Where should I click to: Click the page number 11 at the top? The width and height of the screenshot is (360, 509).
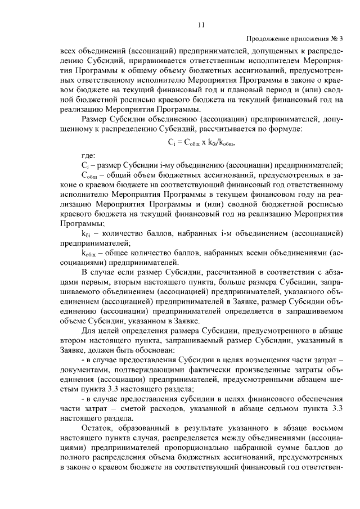(x=201, y=25)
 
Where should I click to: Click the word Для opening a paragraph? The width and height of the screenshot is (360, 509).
(x=89, y=330)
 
